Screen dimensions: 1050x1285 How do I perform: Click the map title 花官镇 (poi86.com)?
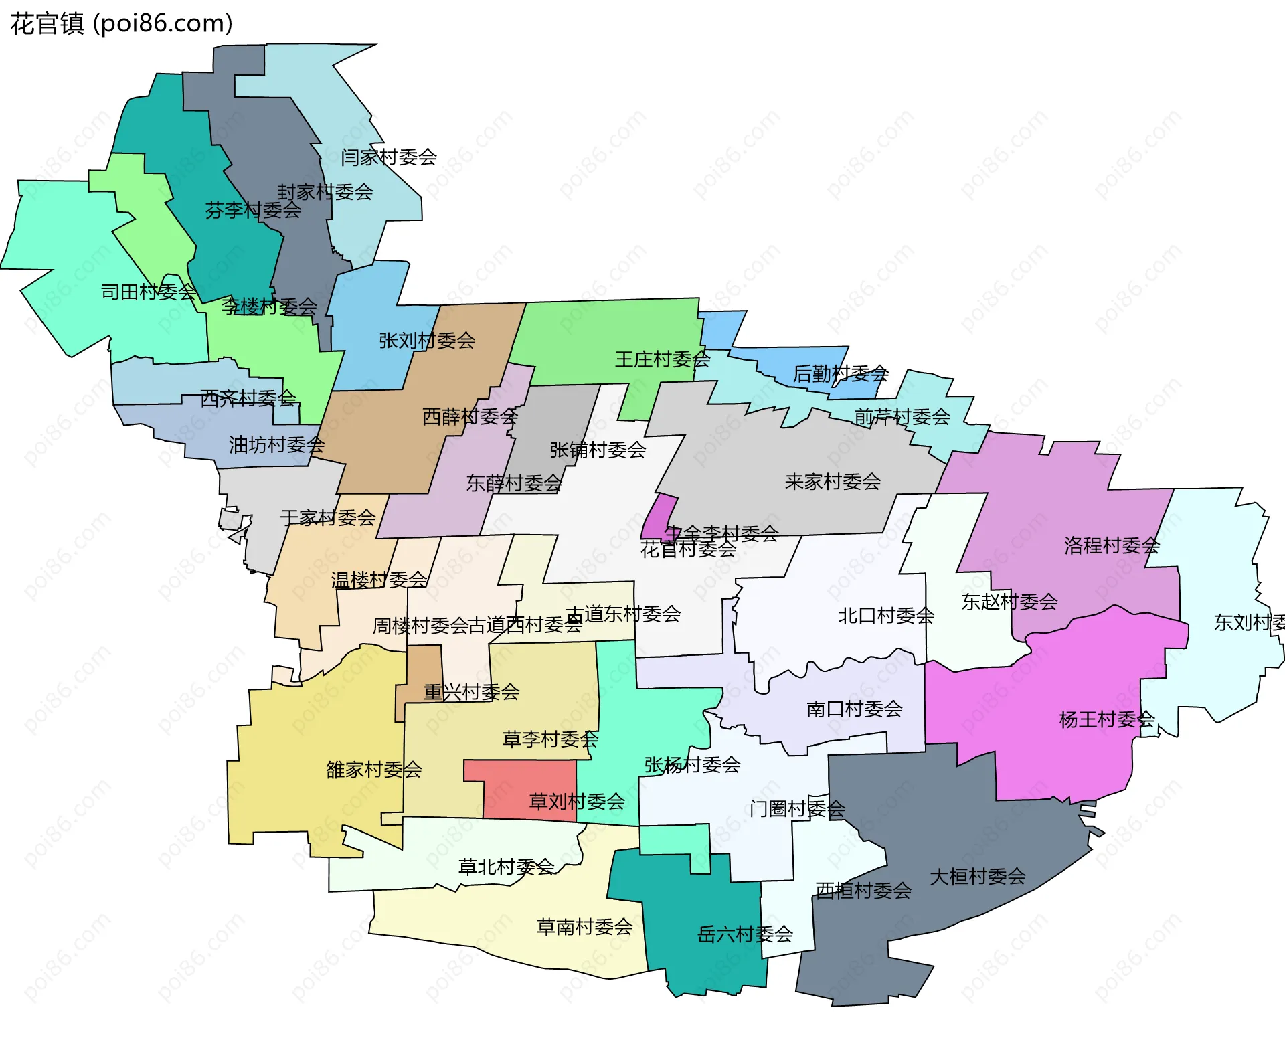pyautogui.click(x=121, y=23)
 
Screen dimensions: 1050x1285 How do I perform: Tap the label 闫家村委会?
pyautogui.click(x=388, y=157)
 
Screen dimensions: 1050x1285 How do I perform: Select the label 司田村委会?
pyautogui.click(x=148, y=292)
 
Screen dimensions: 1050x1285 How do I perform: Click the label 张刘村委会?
pyautogui.click(x=427, y=341)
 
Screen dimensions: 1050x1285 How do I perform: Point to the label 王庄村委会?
pyautogui.click(x=663, y=360)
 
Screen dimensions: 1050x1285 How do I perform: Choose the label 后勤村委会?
pyautogui.click(x=840, y=374)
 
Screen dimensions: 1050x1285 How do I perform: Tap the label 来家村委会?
pyautogui.click(x=833, y=482)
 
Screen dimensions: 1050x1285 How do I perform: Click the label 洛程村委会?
pyautogui.click(x=1112, y=546)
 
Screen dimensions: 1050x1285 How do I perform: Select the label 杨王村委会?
pyautogui.click(x=1107, y=720)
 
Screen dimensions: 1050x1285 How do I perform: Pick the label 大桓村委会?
pyautogui.click(x=977, y=877)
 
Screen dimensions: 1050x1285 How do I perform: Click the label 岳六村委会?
pyautogui.click(x=745, y=934)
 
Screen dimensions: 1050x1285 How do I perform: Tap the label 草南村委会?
pyautogui.click(x=584, y=927)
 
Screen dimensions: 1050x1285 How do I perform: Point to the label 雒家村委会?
pyautogui.click(x=373, y=770)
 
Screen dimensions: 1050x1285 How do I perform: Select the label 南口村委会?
pyautogui.click(x=854, y=709)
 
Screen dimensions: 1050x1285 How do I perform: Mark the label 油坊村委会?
pyautogui.click(x=276, y=445)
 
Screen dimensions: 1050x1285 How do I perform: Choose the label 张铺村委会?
pyautogui.click(x=597, y=450)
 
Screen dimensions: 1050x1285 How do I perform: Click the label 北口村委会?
pyautogui.click(x=886, y=616)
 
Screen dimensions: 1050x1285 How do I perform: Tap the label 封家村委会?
pyautogui.click(x=325, y=193)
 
